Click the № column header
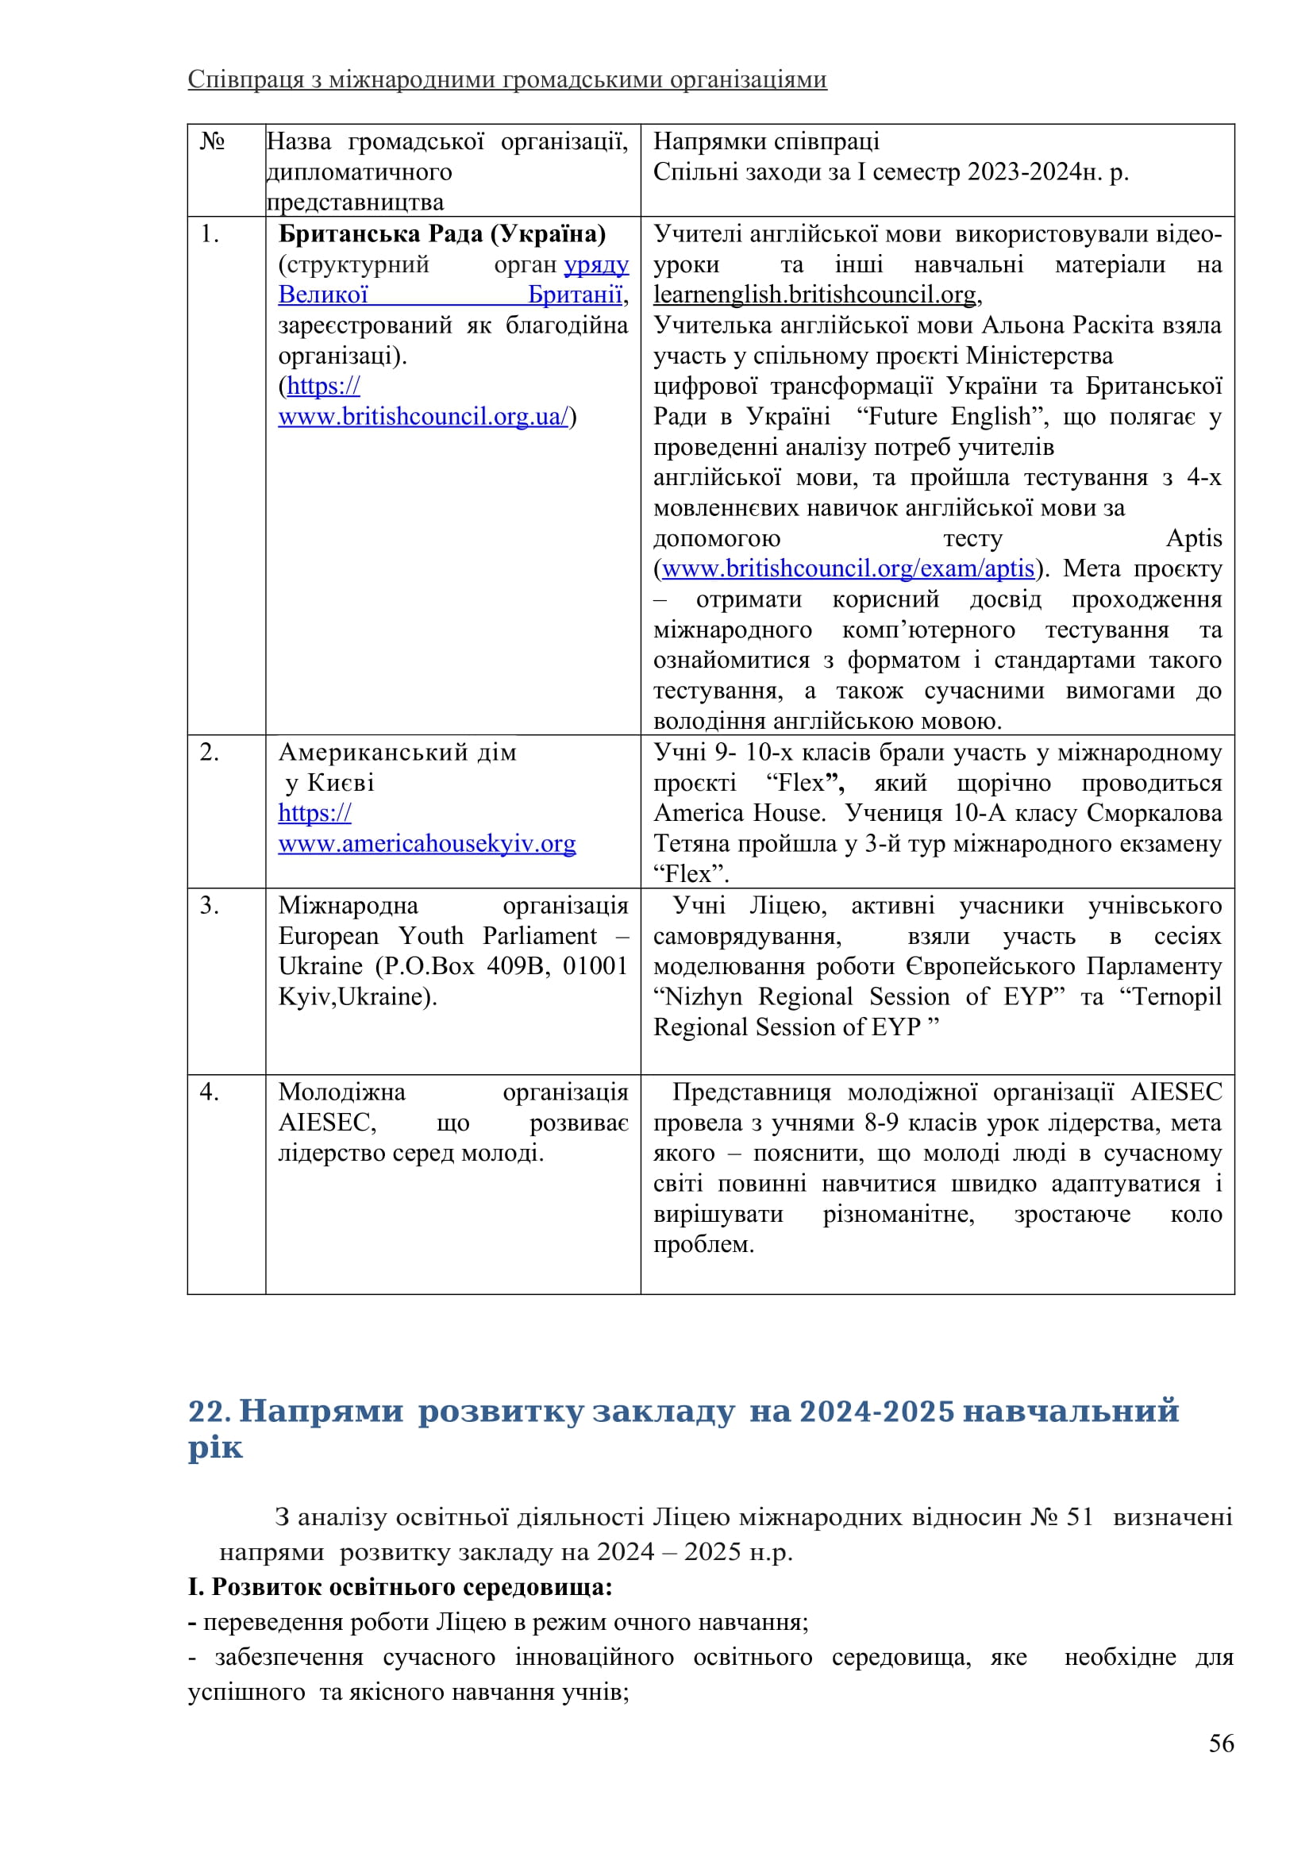click(212, 141)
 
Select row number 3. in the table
click(210, 905)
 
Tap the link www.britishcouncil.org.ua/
click(424, 417)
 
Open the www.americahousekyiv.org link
click(427, 844)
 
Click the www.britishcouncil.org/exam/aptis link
click(848, 568)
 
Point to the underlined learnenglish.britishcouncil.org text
click(815, 295)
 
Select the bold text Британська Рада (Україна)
click(442, 233)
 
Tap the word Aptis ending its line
click(1193, 538)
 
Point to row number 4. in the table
click(210, 1092)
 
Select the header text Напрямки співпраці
click(765, 141)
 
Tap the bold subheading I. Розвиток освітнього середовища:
click(400, 1587)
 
